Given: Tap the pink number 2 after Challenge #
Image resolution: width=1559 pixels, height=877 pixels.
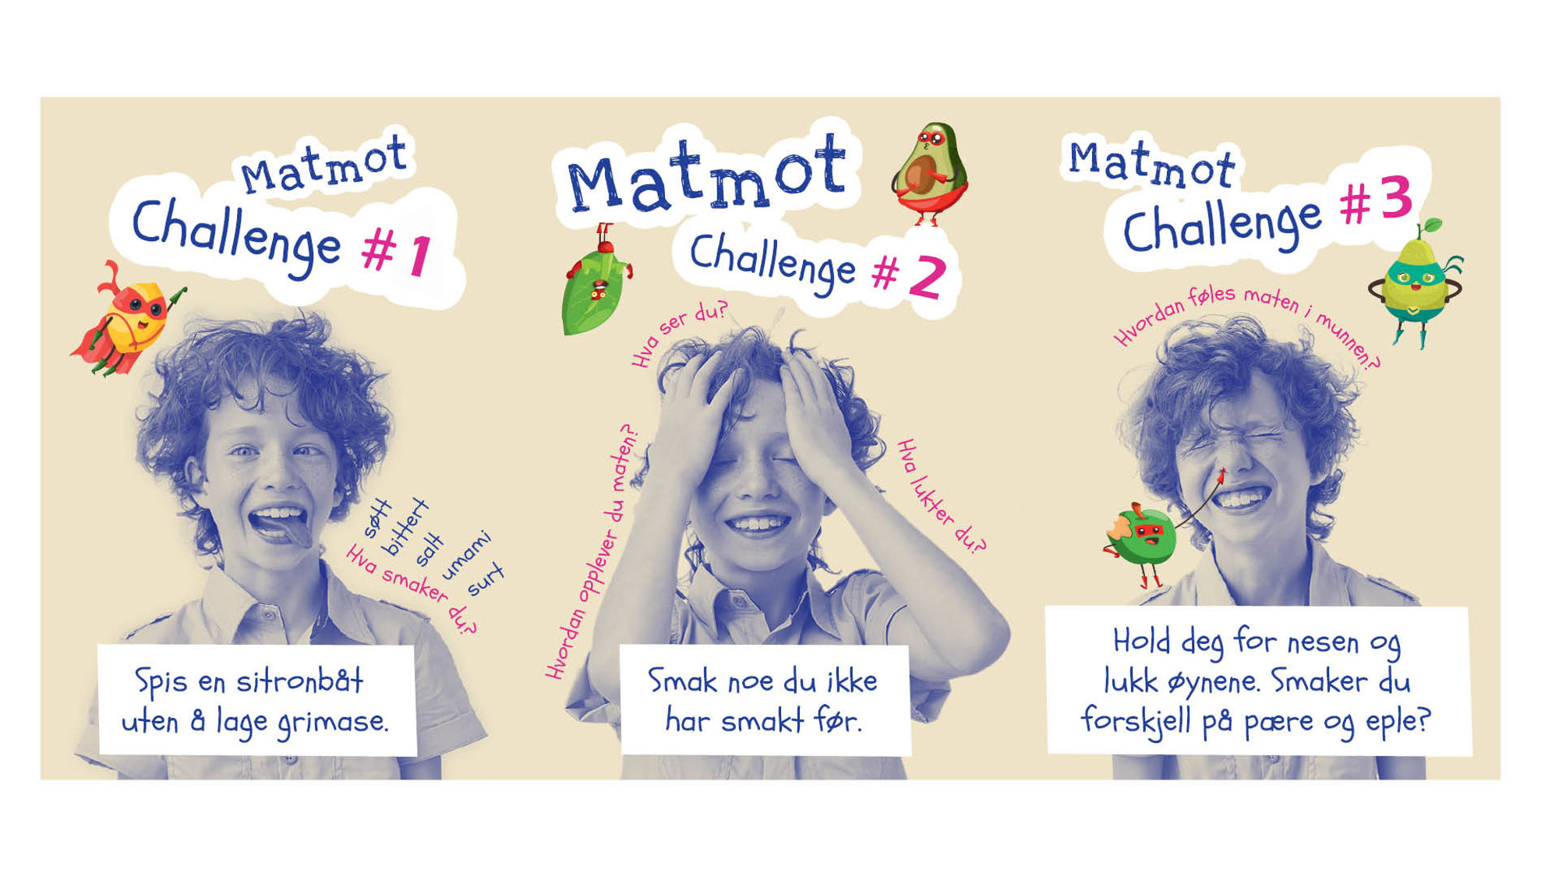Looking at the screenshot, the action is click(x=927, y=277).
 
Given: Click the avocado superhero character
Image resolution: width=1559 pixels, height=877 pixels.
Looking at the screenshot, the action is click(x=930, y=173).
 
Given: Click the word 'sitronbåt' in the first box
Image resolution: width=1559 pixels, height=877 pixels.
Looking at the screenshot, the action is click(x=300, y=681).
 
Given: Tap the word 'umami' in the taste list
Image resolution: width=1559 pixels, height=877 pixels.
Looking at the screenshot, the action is click(x=466, y=555).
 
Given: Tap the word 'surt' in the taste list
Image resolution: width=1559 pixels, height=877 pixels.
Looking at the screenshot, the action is click(x=486, y=579).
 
